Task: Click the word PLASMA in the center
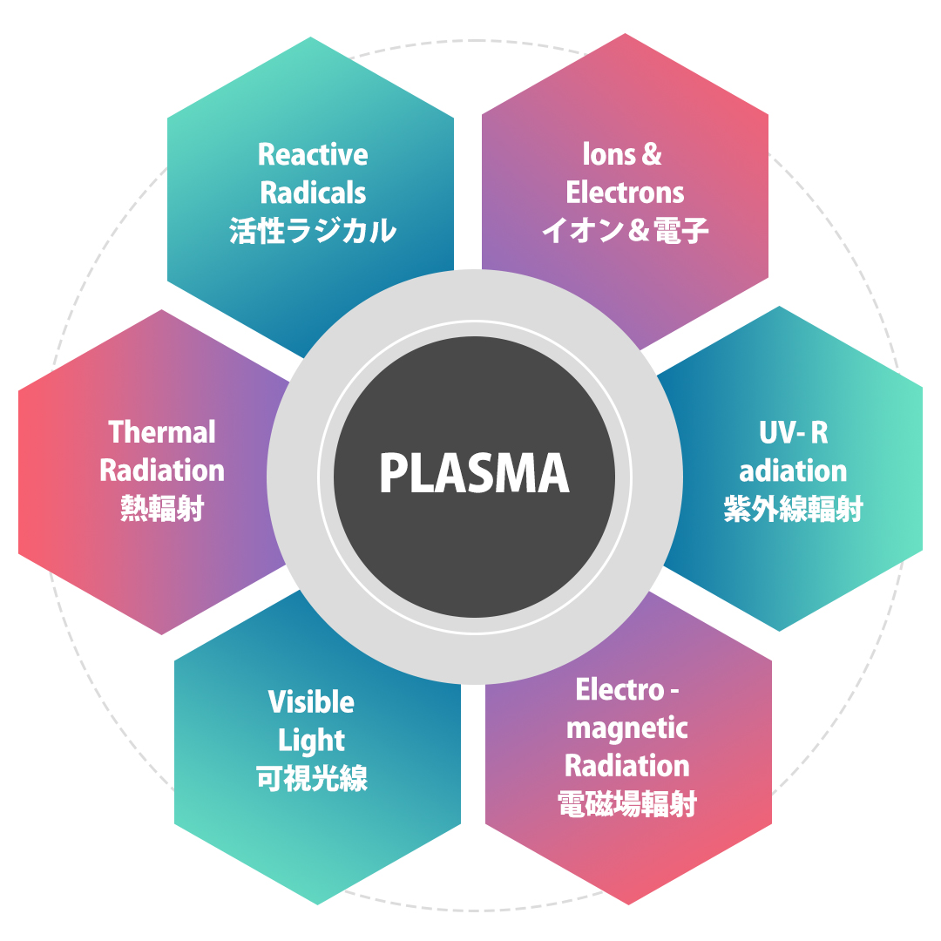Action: point(474,475)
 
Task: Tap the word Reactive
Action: point(313,155)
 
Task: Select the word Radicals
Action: point(313,193)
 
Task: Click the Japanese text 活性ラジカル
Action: point(313,232)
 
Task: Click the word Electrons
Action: point(625,193)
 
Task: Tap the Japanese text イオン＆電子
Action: point(625,232)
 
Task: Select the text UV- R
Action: point(793,433)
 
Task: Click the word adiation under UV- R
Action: point(793,471)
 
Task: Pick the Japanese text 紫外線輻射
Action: point(793,510)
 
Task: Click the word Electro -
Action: point(626,690)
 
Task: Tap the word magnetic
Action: point(626,728)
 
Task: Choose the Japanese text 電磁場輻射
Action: point(626,805)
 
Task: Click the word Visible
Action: point(311,701)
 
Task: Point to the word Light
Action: point(311,741)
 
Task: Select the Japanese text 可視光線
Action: point(311,778)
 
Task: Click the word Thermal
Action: point(162,432)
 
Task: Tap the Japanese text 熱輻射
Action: point(162,509)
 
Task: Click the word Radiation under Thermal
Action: point(162,470)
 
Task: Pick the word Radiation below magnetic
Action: point(626,766)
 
